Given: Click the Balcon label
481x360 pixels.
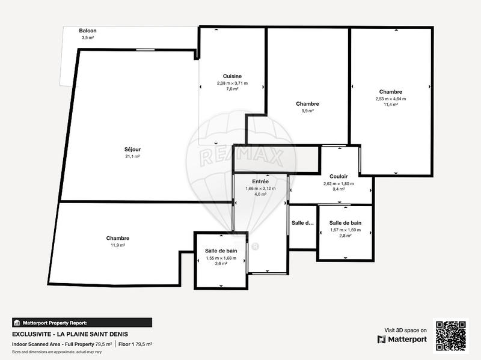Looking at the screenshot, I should (88, 31).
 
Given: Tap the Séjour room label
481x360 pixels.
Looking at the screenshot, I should (132, 149).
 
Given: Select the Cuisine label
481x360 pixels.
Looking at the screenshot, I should (232, 76).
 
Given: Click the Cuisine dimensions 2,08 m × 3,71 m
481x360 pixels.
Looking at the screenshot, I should (232, 83).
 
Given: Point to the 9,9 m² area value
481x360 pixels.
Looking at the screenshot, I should (307, 111).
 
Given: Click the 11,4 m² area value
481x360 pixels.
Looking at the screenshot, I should (391, 104).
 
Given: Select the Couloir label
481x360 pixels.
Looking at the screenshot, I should (339, 176).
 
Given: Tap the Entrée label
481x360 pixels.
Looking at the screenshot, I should (260, 181).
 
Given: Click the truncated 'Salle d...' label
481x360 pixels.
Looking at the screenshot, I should (303, 223).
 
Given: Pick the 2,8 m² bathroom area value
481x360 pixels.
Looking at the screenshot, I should (345, 236).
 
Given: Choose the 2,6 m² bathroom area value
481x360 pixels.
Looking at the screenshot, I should (221, 264).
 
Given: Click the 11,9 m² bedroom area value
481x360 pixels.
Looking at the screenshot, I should (118, 245).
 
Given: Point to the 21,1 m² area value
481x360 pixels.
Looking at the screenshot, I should (132, 156).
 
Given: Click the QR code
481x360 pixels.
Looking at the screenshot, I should (452, 335).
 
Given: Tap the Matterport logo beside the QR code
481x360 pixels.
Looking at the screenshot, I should (402, 340).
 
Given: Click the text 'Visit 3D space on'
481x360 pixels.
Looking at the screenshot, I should (405, 330).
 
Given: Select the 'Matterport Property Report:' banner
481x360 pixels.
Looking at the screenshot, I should (82, 322).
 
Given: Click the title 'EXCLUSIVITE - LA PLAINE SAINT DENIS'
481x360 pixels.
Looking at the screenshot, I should (70, 334).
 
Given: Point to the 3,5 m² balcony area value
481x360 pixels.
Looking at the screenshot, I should (88, 38).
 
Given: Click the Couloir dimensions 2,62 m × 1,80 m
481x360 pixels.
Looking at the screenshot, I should (339, 183).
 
